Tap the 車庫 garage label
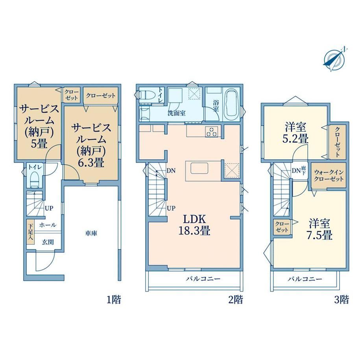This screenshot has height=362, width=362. (x=91, y=233)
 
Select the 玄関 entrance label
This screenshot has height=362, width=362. (x=48, y=242)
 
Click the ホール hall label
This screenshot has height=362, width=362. (x=47, y=225)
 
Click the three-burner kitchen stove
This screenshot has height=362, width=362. (x=212, y=132)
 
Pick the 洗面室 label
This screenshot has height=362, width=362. (x=177, y=113)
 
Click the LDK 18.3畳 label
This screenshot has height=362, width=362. (x=194, y=225)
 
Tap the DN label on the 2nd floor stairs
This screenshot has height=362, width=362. (x=171, y=171)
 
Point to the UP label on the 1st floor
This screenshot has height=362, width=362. (x=49, y=208)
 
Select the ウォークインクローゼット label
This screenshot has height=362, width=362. (x=329, y=175)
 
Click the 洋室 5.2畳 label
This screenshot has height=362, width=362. (x=296, y=133)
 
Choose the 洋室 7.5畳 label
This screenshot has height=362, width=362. (x=320, y=229)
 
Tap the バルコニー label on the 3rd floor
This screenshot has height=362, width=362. (x=305, y=279)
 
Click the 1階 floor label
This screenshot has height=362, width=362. (x=114, y=300)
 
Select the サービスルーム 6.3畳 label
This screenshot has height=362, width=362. (x=91, y=145)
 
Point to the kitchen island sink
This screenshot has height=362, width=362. (x=200, y=169)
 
